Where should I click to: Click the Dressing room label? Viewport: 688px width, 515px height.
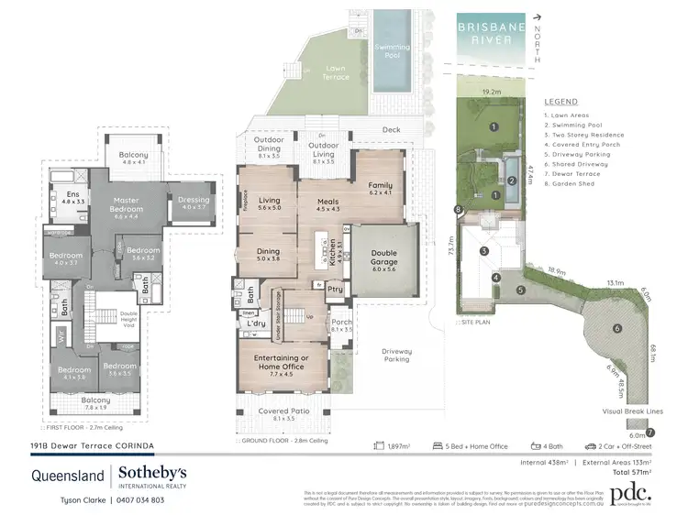pyautogui.click(x=194, y=203)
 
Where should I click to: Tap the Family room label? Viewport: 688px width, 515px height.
pyautogui.click(x=380, y=189)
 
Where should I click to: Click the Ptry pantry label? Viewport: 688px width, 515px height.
pyautogui.click(x=335, y=290)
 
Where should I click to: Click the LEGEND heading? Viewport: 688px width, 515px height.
pyautogui.click(x=560, y=102)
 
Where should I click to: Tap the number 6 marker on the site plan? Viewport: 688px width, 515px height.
pyautogui.click(x=617, y=328)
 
